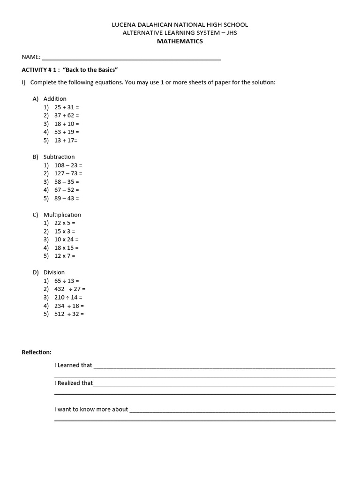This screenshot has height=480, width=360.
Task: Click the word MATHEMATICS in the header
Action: (x=180, y=41)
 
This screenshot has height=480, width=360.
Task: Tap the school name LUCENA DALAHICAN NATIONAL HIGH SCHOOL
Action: (x=180, y=24)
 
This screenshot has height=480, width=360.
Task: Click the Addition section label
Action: (x=55, y=99)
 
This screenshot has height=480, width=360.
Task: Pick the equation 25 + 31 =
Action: (x=67, y=107)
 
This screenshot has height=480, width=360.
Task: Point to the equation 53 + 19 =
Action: (x=67, y=132)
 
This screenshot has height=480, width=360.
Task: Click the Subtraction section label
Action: (x=59, y=157)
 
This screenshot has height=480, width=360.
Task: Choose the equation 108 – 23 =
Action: (x=68, y=165)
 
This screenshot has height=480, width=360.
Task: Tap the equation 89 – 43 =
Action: (x=67, y=198)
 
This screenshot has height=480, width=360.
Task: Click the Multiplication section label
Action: (x=62, y=215)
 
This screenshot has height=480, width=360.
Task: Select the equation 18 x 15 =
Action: (x=67, y=248)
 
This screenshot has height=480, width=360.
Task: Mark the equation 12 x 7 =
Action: (x=65, y=256)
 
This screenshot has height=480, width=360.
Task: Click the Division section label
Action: (x=54, y=272)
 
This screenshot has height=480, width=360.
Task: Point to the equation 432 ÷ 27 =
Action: (x=70, y=289)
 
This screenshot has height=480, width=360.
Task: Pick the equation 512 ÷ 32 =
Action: (x=69, y=314)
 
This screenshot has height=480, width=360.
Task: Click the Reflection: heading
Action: (x=37, y=352)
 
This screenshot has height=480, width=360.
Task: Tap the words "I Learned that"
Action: (x=73, y=365)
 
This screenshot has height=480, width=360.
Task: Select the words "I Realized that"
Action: (x=74, y=383)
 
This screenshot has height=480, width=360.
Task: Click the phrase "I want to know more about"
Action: (x=91, y=409)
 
